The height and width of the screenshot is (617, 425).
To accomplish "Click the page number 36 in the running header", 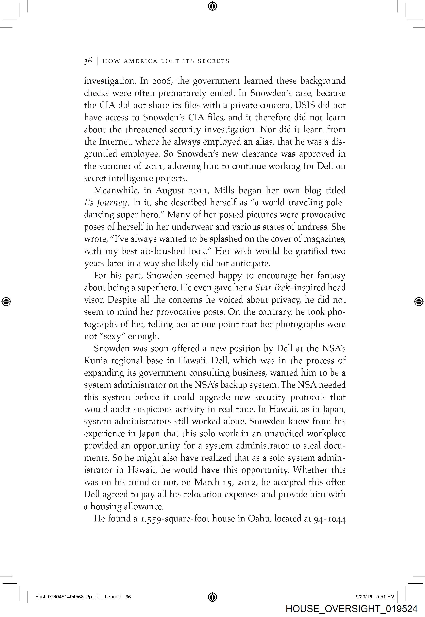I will click(x=88, y=61).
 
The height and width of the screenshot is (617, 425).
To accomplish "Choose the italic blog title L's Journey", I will click(x=107, y=203).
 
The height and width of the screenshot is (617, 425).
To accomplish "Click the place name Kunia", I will click(x=96, y=360).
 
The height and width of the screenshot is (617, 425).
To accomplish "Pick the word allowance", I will click(x=144, y=506).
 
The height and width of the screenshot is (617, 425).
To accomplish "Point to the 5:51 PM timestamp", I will click(x=385, y=597).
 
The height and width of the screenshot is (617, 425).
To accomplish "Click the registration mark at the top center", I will click(x=212, y=6).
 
